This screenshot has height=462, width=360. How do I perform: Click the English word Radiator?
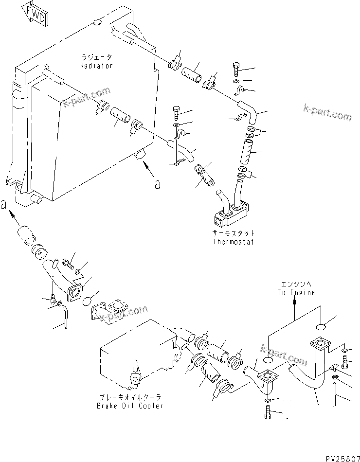tap(96, 65)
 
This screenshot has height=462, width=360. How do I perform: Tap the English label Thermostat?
tap(234, 241)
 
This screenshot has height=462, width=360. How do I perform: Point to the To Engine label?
tap(296, 292)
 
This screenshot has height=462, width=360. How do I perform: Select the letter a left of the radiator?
tap(4, 205)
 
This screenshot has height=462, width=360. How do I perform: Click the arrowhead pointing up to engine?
tap(294, 302)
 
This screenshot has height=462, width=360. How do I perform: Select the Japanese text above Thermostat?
tap(234, 233)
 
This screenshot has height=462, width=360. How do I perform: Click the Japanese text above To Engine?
tap(296, 284)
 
